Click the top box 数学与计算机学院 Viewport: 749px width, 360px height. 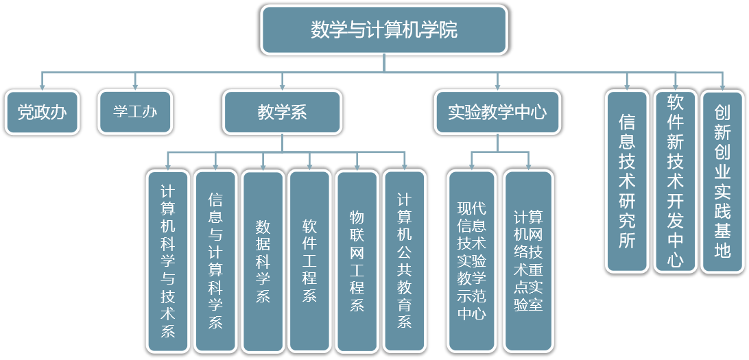[x=384, y=30]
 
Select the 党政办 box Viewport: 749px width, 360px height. [x=42, y=112]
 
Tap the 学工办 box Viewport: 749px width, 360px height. [x=135, y=112]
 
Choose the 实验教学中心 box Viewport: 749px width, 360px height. [x=497, y=112]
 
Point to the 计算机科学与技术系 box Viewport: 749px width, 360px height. [x=168, y=261]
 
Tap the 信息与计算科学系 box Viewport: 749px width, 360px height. [x=215, y=261]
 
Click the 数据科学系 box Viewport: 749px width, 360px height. [x=263, y=261]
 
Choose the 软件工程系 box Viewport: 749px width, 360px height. [x=310, y=261]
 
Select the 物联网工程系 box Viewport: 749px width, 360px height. [x=357, y=261]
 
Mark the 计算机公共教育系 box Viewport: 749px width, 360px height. [x=404, y=261]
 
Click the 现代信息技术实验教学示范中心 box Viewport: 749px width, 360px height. [x=471, y=261]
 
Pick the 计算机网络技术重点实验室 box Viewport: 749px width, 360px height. [x=528, y=261]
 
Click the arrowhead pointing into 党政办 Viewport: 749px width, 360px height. [x=42, y=86]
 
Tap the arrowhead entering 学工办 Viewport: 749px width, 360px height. [x=135, y=86]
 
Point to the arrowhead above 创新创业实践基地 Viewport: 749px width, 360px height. [x=722, y=86]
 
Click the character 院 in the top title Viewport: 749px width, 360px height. [x=450, y=30]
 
